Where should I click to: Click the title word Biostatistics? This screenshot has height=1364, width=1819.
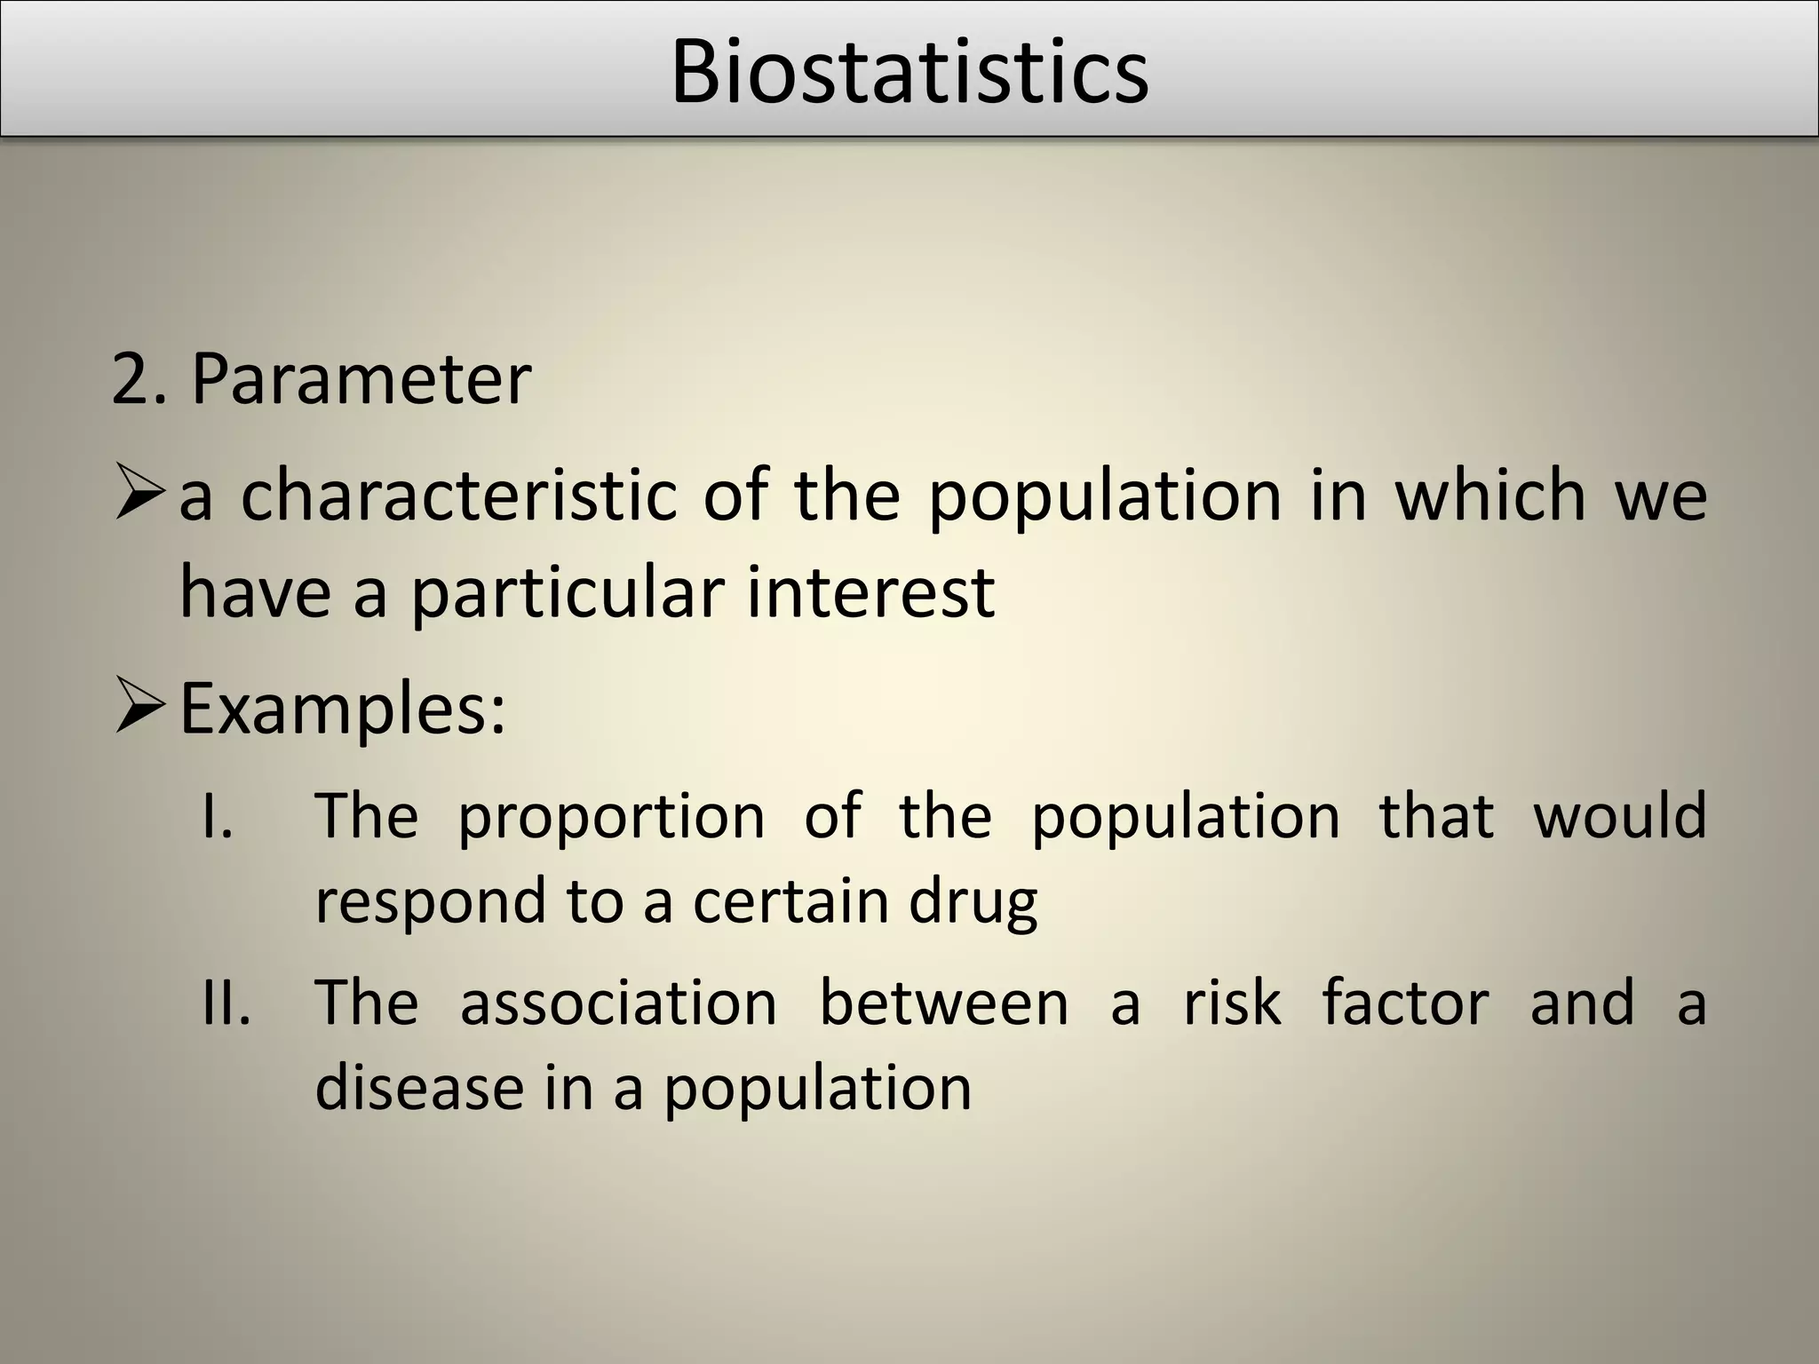[909, 71]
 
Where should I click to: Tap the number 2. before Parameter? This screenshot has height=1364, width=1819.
[139, 379]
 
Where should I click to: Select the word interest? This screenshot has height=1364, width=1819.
[870, 592]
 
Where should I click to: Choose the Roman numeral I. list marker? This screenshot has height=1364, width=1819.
[217, 816]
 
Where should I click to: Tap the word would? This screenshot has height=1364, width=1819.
[1620, 815]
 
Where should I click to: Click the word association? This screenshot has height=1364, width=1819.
[618, 1003]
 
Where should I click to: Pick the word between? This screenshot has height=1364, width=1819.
[943, 1003]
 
